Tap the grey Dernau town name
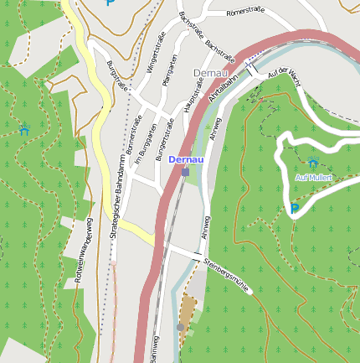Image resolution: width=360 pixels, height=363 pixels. pos(209,73)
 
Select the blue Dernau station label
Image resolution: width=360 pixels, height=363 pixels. pos(185,158)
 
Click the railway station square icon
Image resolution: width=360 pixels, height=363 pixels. pos(185,172)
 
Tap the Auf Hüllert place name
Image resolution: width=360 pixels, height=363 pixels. pos(314,178)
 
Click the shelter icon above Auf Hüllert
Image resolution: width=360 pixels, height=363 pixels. pos(312,162)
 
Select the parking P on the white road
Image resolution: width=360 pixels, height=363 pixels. pos(294,208)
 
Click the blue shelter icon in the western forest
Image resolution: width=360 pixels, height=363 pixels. pos(25,129)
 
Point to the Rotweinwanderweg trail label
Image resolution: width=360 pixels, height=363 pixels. pos(84,249)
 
